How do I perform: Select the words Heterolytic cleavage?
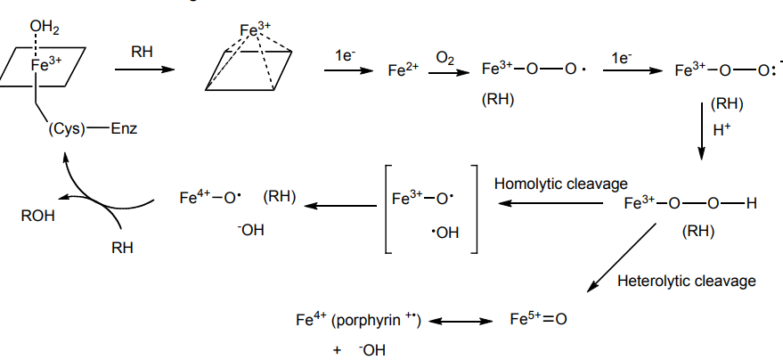pyautogui.click(x=686, y=282)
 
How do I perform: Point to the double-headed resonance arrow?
pyautogui.click(x=464, y=321)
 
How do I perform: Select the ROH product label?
pyautogui.click(x=38, y=215)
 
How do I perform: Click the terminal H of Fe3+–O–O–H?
pyautogui.click(x=750, y=203)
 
